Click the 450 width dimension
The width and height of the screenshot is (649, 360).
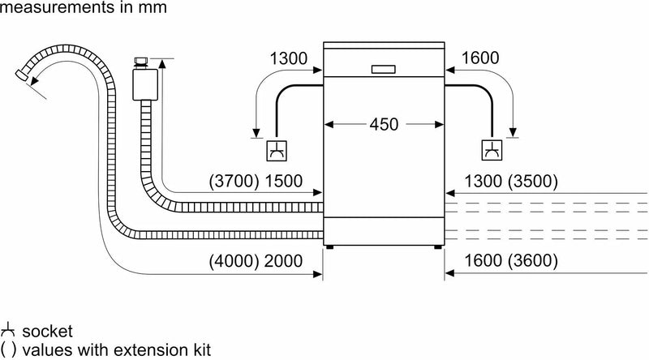(384, 125)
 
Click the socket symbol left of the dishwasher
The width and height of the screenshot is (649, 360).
(277, 151)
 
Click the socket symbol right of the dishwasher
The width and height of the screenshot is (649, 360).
(492, 151)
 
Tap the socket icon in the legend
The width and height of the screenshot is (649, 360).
(10, 332)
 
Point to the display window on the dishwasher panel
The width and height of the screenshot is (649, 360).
(384, 69)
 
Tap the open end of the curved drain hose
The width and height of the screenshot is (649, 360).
(22, 76)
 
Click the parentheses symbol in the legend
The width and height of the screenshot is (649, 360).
(8, 350)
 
